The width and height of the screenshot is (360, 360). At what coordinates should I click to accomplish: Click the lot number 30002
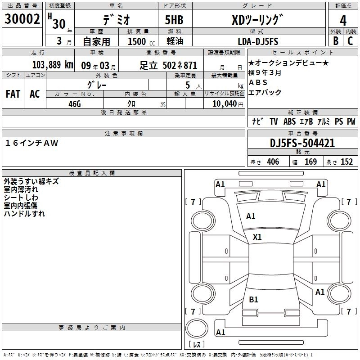click(22, 20)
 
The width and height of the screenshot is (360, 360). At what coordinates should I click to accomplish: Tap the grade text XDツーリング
click(257, 20)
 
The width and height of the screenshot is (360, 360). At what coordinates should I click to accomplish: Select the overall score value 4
click(343, 21)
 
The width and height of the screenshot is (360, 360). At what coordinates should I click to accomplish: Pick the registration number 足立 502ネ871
click(168, 65)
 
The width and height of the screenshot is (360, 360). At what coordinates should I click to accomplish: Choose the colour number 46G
click(74, 103)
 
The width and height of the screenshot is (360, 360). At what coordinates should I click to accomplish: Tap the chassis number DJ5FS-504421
click(302, 143)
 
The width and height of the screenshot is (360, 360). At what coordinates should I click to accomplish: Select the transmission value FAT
click(13, 94)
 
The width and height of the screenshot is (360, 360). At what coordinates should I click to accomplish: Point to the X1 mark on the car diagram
click(257, 237)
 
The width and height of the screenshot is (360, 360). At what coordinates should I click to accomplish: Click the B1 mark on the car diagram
click(253, 299)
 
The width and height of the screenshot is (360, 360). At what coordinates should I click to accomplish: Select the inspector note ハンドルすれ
click(24, 214)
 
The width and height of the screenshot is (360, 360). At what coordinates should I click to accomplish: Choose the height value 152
click(346, 162)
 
